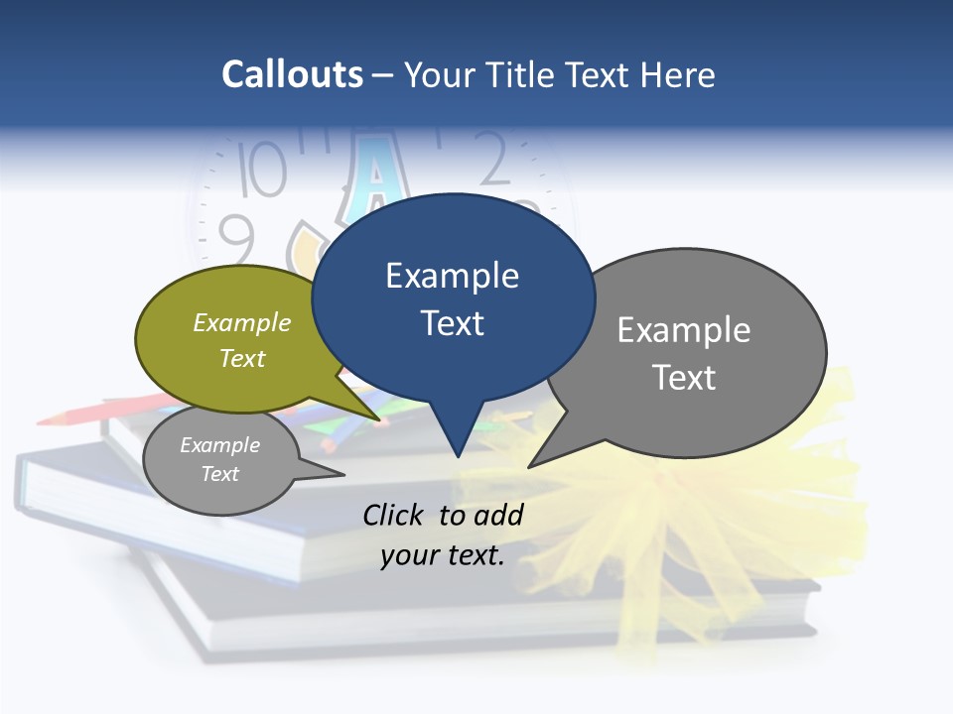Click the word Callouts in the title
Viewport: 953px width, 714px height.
[x=292, y=74]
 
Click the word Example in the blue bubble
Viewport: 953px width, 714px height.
[x=452, y=276]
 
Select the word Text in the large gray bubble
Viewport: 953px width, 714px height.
[x=684, y=378]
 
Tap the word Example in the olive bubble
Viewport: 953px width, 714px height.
[x=242, y=322]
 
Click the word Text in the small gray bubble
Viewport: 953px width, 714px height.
[x=220, y=474]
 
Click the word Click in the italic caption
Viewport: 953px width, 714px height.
[x=394, y=515]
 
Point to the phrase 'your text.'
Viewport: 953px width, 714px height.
[x=443, y=555]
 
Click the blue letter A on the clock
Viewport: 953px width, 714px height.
[x=375, y=178]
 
